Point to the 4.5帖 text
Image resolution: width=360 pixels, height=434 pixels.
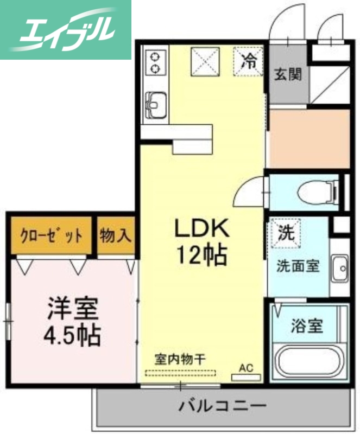coord(72,335)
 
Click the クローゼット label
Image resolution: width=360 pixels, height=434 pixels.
coord(52,236)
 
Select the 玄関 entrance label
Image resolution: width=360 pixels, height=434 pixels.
coord(287,75)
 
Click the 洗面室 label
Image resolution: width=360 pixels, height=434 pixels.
coord(298,266)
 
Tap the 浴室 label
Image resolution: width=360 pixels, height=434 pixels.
coord(307,326)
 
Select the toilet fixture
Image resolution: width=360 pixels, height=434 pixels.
coord(318,190)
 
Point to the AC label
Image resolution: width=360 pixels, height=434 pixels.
coord(247,367)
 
